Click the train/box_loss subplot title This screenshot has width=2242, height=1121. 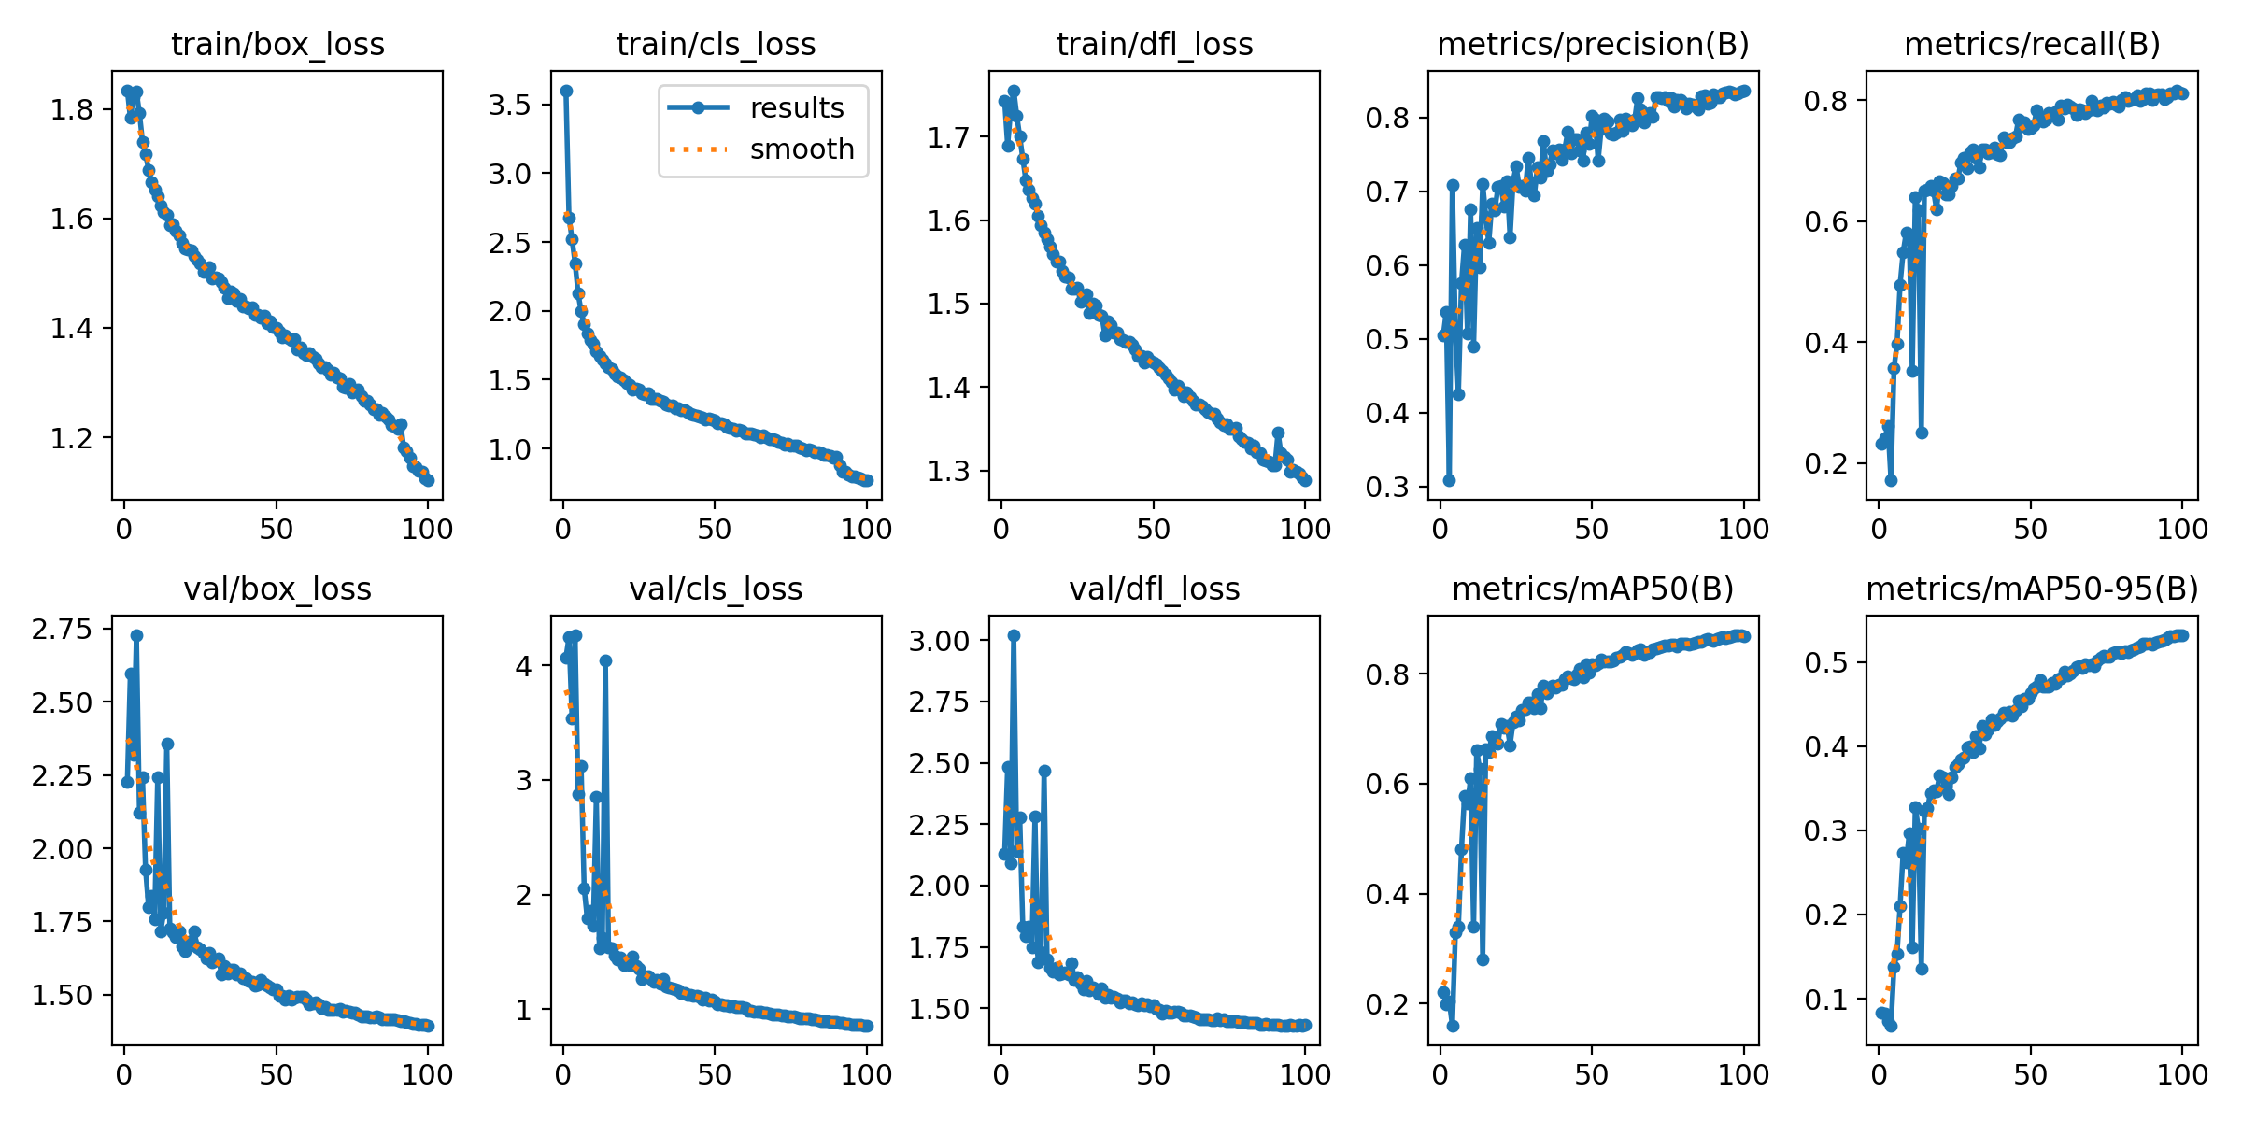tap(277, 44)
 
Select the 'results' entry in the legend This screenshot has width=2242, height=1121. tap(797, 107)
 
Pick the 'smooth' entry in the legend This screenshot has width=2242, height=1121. tap(802, 149)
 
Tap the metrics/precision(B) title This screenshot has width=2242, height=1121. tap(1593, 44)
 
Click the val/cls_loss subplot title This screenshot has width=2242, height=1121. tap(716, 589)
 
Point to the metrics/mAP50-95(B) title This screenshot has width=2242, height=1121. tap(2032, 589)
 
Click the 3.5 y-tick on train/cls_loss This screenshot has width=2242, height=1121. tap(511, 105)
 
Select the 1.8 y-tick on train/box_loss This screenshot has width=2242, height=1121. tap(73, 110)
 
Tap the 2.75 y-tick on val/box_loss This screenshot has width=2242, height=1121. tap(63, 629)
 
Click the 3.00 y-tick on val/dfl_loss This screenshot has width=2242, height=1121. tap(941, 641)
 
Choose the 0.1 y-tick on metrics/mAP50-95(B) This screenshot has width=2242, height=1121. tap(1827, 1000)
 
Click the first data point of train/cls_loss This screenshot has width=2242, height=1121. tap(566, 91)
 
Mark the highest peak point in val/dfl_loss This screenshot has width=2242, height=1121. tap(1014, 635)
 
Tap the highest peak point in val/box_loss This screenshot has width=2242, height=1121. tap(136, 635)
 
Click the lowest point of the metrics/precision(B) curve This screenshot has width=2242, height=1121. tap(1449, 480)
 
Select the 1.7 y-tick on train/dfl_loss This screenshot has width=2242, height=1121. tap(950, 137)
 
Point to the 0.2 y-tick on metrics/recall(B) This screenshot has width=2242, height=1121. tap(1827, 463)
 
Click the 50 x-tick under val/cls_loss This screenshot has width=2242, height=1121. tap(715, 1074)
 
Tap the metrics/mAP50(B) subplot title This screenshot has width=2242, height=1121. tap(1593, 589)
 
